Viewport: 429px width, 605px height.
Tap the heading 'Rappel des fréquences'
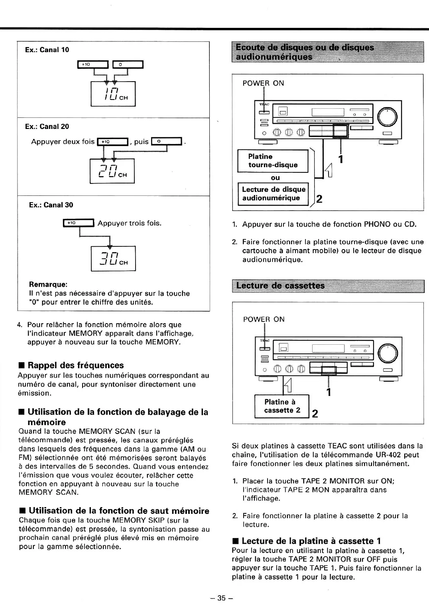(76, 365)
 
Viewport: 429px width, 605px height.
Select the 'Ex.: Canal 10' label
(47, 50)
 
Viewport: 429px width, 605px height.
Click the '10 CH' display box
(113, 94)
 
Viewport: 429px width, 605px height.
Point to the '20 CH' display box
(112, 171)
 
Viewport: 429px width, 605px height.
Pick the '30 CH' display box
(113, 259)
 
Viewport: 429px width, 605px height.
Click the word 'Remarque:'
(48, 285)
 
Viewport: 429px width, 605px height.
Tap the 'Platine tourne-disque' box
(273, 161)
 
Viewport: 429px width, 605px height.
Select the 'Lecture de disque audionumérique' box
(274, 194)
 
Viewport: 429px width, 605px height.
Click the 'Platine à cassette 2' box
(282, 406)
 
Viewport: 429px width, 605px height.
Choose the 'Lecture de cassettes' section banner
(328, 286)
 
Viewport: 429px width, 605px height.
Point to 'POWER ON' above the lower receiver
(264, 319)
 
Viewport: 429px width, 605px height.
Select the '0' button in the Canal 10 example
(128, 64)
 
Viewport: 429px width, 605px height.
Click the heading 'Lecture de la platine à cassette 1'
(311, 541)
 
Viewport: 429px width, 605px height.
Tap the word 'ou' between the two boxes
(275, 178)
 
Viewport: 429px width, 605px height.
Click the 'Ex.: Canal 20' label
(47, 127)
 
